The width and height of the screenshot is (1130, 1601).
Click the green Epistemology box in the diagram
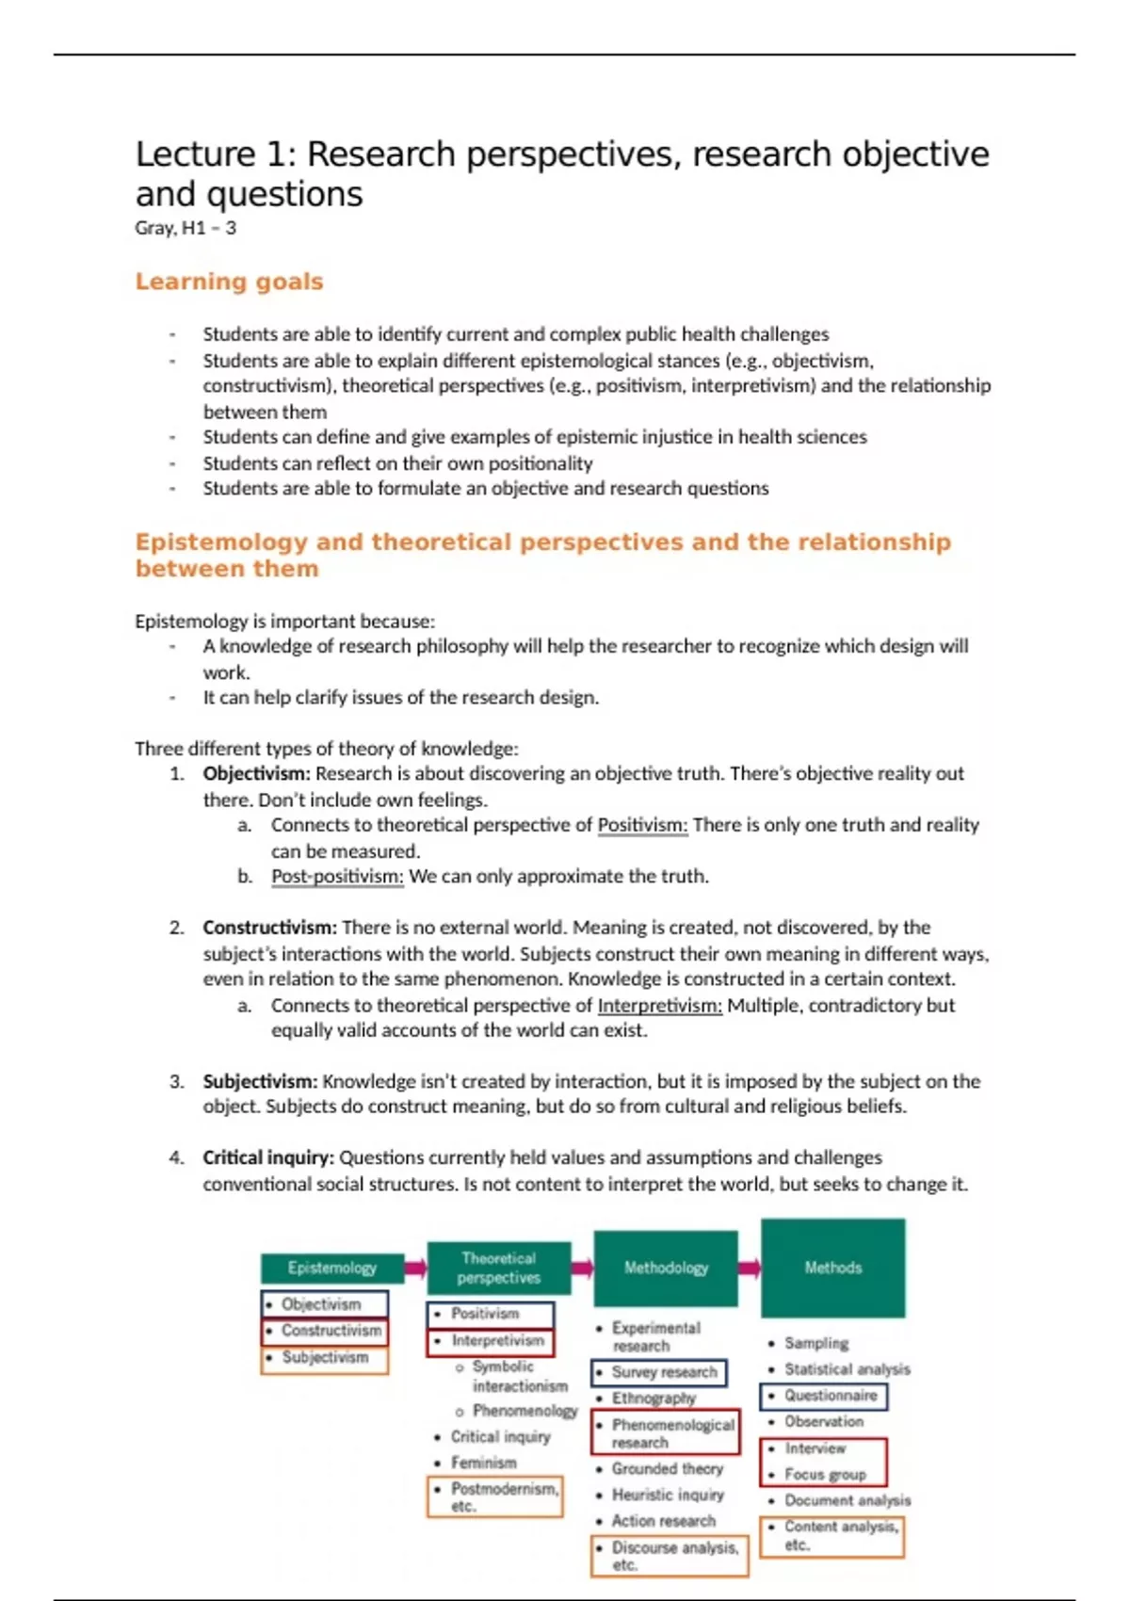(331, 1268)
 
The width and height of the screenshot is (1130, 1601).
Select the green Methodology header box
(666, 1268)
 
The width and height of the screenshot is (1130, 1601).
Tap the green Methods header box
(832, 1268)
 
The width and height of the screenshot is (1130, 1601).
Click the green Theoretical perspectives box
(499, 1268)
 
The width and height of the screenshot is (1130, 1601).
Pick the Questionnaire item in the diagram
(824, 1396)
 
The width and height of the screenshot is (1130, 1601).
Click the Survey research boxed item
(659, 1372)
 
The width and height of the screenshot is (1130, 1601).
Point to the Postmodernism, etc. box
(495, 1496)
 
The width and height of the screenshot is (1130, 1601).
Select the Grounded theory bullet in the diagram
(667, 1468)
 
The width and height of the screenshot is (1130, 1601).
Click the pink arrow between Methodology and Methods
(750, 1268)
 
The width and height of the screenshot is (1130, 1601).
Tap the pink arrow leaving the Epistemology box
(415, 1268)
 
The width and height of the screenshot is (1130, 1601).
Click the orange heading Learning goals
(229, 282)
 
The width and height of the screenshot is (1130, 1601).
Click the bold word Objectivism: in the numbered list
(256, 773)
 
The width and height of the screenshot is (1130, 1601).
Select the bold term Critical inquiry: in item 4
(268, 1157)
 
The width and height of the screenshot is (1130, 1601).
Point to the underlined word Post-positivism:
(337, 876)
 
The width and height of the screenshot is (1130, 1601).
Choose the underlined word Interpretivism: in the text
(659, 1005)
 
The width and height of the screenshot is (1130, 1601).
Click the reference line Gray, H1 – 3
(186, 228)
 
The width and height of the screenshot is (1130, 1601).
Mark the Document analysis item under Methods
(847, 1500)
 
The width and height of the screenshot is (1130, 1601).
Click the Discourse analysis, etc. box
(670, 1555)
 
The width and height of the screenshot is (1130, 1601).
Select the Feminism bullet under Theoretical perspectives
(483, 1463)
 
